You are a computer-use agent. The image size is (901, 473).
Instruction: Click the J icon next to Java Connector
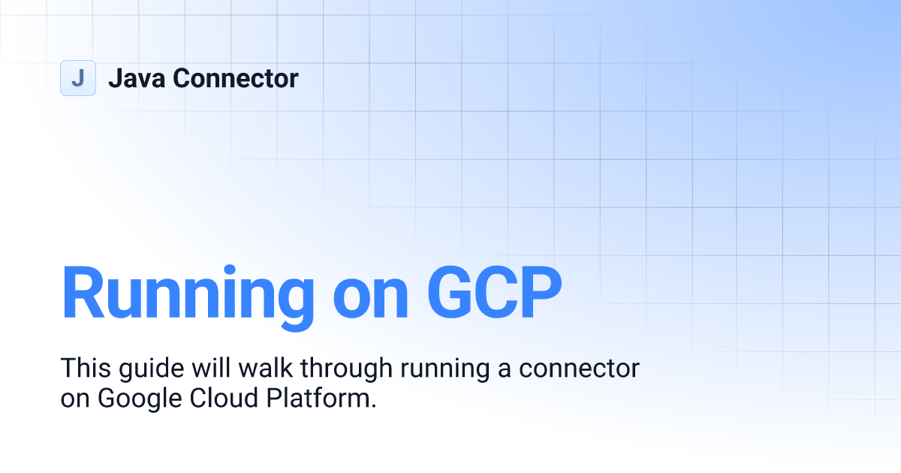click(x=77, y=78)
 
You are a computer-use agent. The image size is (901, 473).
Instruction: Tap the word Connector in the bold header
click(x=236, y=78)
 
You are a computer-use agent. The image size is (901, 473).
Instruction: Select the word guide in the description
click(x=146, y=369)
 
